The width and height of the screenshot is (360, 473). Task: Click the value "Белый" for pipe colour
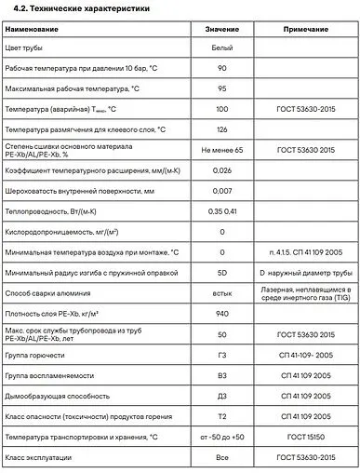pyautogui.click(x=221, y=47)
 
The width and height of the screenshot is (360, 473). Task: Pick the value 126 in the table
pyautogui.click(x=221, y=129)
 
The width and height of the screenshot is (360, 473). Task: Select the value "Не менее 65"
pyautogui.click(x=221, y=149)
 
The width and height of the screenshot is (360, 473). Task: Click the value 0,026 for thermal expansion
pyautogui.click(x=221, y=170)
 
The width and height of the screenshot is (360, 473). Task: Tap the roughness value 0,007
pyautogui.click(x=221, y=191)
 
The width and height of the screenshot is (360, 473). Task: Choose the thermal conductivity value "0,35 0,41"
pyautogui.click(x=221, y=211)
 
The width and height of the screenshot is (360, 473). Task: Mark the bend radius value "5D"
pyautogui.click(x=221, y=274)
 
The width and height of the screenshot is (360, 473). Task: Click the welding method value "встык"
pyautogui.click(x=221, y=294)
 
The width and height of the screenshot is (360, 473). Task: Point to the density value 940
pyautogui.click(x=221, y=315)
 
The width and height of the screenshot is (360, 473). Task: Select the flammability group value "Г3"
pyautogui.click(x=221, y=356)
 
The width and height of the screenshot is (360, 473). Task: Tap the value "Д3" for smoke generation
pyautogui.click(x=221, y=398)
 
